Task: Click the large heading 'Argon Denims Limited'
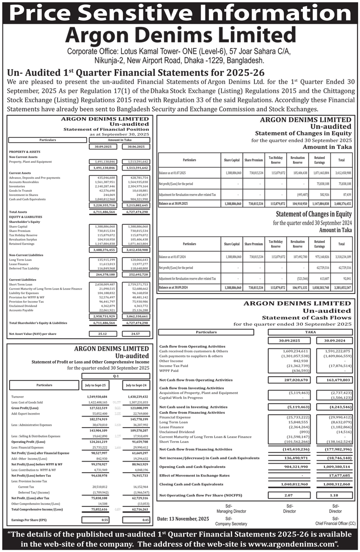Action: [180, 35]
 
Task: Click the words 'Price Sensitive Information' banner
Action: [180, 12]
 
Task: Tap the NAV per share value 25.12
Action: [102, 333]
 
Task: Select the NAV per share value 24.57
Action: [135, 333]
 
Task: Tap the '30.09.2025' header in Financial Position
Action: [102, 146]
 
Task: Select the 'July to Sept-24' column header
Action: [136, 385]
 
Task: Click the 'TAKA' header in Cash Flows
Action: [311, 332]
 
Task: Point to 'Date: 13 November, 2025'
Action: [183, 519]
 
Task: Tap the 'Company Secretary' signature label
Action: [228, 524]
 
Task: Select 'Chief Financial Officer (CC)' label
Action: [336, 524]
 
